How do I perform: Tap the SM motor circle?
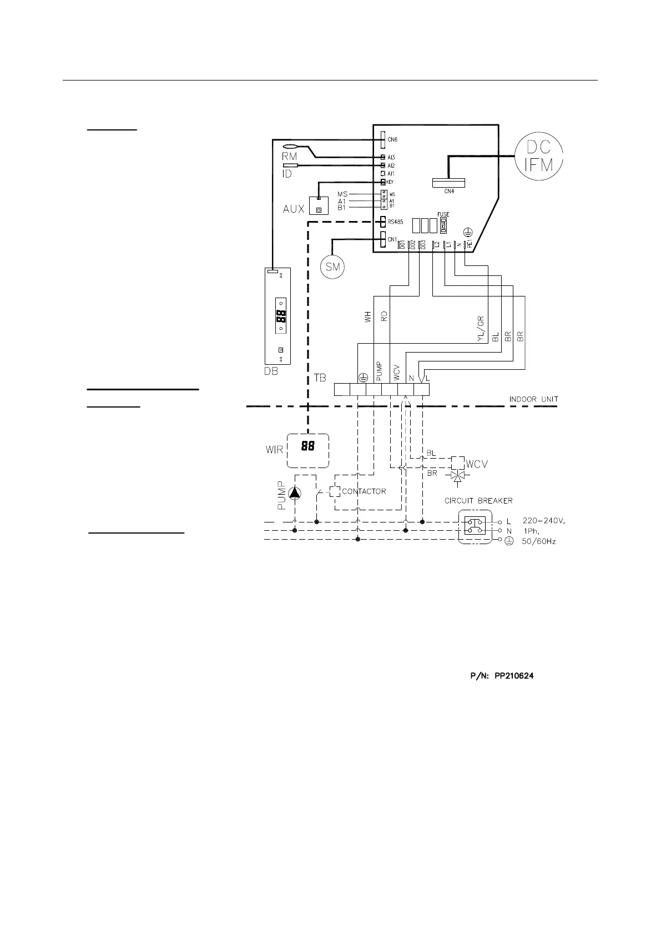point(332,267)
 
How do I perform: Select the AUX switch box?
point(318,206)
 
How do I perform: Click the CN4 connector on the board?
point(448,183)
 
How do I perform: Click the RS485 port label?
point(396,222)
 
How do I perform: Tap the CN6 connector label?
point(392,140)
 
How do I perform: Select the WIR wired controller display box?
point(308,450)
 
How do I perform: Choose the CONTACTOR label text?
point(364,491)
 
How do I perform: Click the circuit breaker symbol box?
point(475,526)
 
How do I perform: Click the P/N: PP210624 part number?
point(499,676)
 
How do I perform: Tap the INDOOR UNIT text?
point(533,399)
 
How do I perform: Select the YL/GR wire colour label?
point(481,329)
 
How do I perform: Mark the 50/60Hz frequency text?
point(539,541)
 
